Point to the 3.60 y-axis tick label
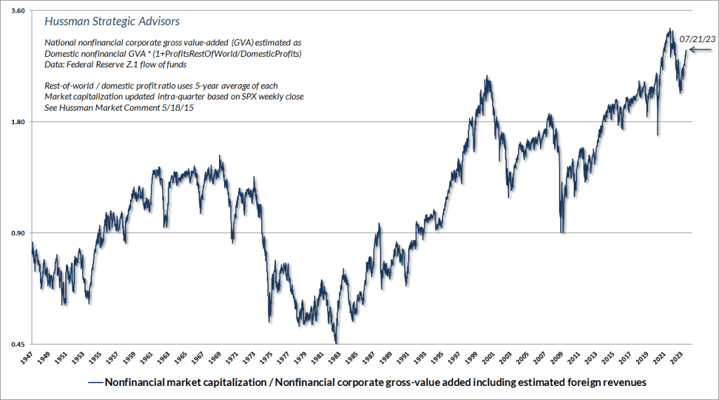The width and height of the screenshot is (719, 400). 17,11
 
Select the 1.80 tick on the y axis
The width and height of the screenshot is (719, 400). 17,122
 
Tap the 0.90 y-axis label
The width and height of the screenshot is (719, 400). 17,233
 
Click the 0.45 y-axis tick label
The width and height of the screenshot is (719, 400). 17,344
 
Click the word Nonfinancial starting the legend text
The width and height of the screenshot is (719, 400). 138,383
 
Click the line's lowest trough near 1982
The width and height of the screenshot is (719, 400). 336,342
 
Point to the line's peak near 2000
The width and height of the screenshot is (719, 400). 487,76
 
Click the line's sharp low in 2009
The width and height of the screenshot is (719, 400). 561,232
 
